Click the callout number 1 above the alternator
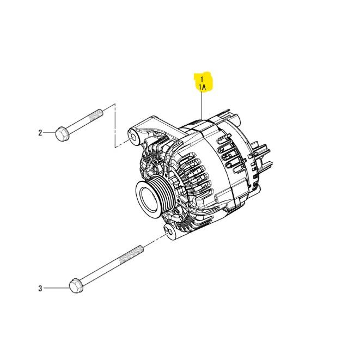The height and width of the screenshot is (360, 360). coord(203,78)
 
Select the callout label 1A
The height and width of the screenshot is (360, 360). coord(203,86)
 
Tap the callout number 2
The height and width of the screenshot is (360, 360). coord(40,133)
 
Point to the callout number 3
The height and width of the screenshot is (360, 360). coord(40,288)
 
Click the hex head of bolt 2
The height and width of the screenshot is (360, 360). coord(61,133)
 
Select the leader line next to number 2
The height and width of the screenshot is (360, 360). coord(49,133)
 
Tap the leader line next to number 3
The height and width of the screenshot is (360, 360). coord(54,288)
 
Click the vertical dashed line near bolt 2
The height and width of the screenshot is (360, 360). coord(115,125)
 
